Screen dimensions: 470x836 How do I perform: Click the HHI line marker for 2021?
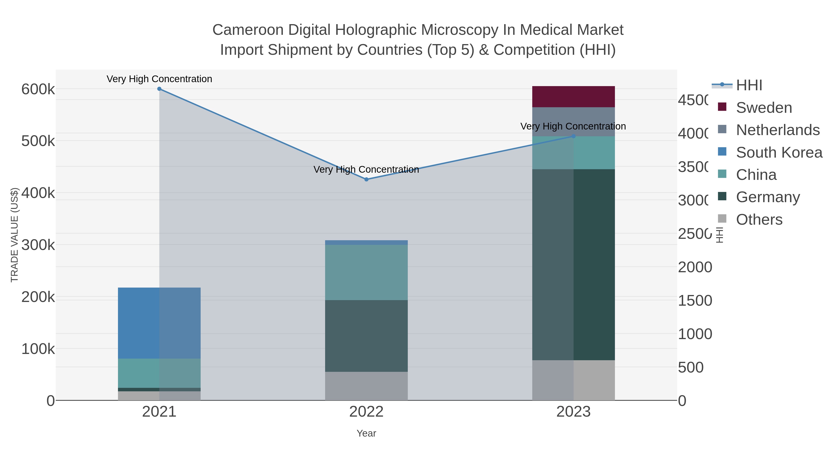pos(159,89)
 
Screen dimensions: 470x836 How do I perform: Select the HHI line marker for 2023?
pos(573,136)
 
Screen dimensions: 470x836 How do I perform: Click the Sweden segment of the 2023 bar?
pos(573,97)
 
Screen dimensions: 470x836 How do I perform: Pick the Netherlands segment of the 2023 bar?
pos(573,122)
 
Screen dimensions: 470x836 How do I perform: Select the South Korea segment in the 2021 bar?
pos(159,323)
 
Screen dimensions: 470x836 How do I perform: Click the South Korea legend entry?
pos(779,152)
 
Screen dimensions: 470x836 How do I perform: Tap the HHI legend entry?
pos(749,85)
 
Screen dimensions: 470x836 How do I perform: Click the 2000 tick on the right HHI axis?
pos(695,268)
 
